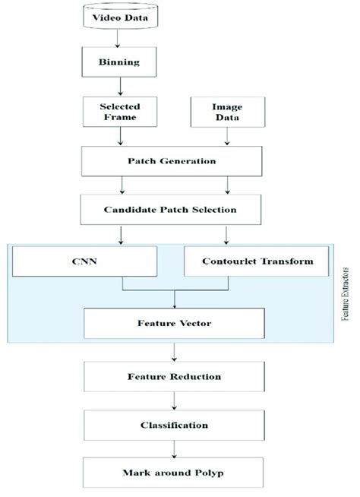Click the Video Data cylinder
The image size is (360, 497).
pos(120,17)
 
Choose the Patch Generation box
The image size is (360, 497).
pos(175,160)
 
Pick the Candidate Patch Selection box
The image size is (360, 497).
pos(175,208)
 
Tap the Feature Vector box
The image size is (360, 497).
pos(175,322)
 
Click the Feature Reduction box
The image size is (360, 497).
pos(175,376)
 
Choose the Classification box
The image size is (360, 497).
pos(175,425)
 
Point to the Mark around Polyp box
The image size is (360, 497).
pos(175,473)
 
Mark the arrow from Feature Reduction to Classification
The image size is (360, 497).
pos(175,400)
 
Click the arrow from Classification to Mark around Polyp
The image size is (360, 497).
pos(175,449)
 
